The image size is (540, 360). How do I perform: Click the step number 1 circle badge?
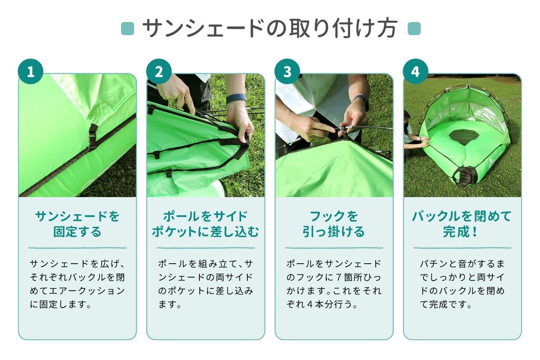pyautogui.click(x=31, y=72)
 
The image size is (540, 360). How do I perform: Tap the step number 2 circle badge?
pyautogui.click(x=159, y=72)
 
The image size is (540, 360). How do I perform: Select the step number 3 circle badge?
pyautogui.click(x=287, y=72)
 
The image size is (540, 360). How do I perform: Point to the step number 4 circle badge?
pyautogui.click(x=415, y=72)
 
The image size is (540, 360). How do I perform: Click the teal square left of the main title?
pyautogui.click(x=127, y=29)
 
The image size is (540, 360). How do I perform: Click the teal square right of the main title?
pyautogui.click(x=414, y=29)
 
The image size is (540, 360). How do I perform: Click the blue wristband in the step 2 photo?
pyautogui.click(x=236, y=98)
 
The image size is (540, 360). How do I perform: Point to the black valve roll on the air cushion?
pyautogui.click(x=465, y=176)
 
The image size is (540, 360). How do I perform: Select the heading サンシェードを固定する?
pyautogui.click(x=77, y=224)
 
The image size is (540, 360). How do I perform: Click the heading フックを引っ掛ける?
pyautogui.click(x=334, y=224)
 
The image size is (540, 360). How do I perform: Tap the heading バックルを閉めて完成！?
pyautogui.click(x=462, y=224)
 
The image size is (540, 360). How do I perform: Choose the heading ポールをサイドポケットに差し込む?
pyautogui.click(x=206, y=224)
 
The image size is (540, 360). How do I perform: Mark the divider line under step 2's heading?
pyautogui.click(x=206, y=247)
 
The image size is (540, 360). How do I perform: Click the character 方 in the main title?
pyautogui.click(x=387, y=28)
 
